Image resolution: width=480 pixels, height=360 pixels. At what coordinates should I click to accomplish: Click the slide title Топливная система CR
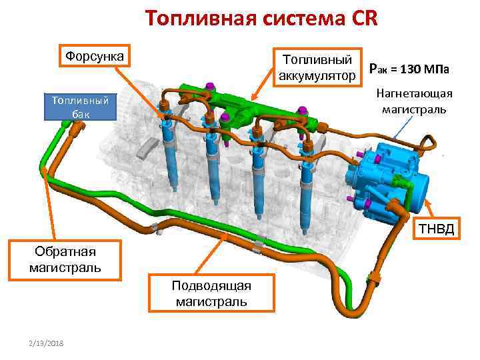tap(261, 17)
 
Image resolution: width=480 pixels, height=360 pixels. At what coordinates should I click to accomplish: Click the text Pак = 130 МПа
tap(409, 69)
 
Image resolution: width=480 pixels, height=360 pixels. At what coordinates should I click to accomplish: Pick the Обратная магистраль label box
tap(65, 259)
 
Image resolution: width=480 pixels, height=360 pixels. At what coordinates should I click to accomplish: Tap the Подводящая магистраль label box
tap(211, 293)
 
